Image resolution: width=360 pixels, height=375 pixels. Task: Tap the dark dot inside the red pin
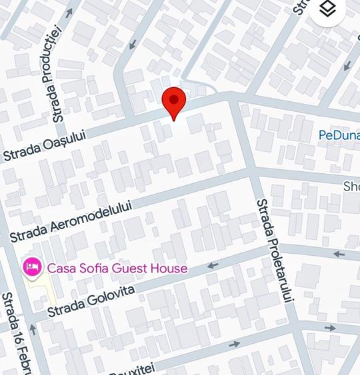(174, 101)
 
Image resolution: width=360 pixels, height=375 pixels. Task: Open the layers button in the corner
(327, 9)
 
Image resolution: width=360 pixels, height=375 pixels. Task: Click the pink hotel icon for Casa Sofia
(31, 268)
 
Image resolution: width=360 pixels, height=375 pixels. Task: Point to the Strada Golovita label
(91, 301)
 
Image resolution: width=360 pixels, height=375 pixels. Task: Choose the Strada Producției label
(54, 73)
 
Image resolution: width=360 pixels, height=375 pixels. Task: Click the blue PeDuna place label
(339, 135)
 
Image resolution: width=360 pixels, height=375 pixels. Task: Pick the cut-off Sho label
(351, 187)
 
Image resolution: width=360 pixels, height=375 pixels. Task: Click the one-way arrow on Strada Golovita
(213, 266)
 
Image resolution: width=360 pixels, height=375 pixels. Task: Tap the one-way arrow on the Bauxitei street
(234, 344)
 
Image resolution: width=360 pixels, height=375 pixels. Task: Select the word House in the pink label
(169, 268)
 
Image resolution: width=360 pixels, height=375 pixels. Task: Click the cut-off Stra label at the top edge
(301, 7)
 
